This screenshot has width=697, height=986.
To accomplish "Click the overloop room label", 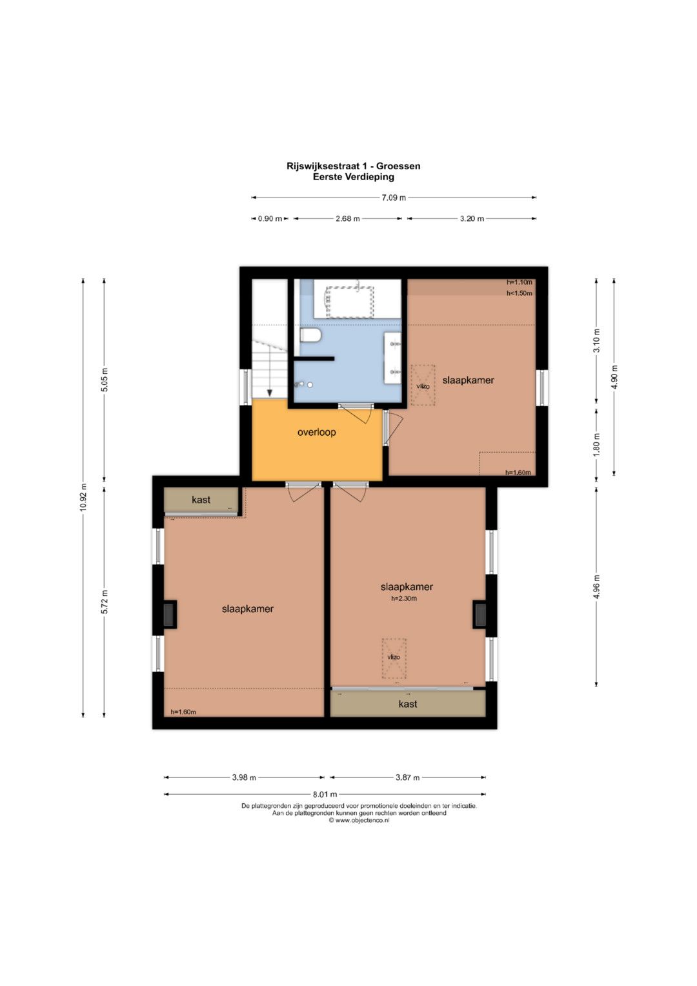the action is coord(316,432).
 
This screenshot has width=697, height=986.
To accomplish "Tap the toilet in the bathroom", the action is coord(310,335).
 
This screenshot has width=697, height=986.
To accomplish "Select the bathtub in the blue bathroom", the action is coord(349,302).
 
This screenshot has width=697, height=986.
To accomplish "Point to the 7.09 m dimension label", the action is coord(393,198).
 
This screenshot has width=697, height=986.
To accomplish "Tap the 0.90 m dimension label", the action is coord(270,219).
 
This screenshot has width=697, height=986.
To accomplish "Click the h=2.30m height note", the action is coord(404,598).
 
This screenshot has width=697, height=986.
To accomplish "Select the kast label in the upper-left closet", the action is coord(201,500).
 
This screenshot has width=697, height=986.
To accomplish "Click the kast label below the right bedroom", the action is coord(407,704).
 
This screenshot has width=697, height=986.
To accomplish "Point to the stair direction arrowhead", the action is coord(269,393).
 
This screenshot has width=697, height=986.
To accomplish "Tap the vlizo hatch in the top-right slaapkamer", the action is coord(423,385).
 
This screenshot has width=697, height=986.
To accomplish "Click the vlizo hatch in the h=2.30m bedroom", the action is coord(394,659).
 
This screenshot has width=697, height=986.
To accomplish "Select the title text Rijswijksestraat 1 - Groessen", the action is coord(354,167).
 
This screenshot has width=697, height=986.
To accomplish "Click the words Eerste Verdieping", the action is coord(354,177).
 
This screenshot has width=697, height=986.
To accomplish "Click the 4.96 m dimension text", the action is coord(596,586).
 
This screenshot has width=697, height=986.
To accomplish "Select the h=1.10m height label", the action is coord(520,282).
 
